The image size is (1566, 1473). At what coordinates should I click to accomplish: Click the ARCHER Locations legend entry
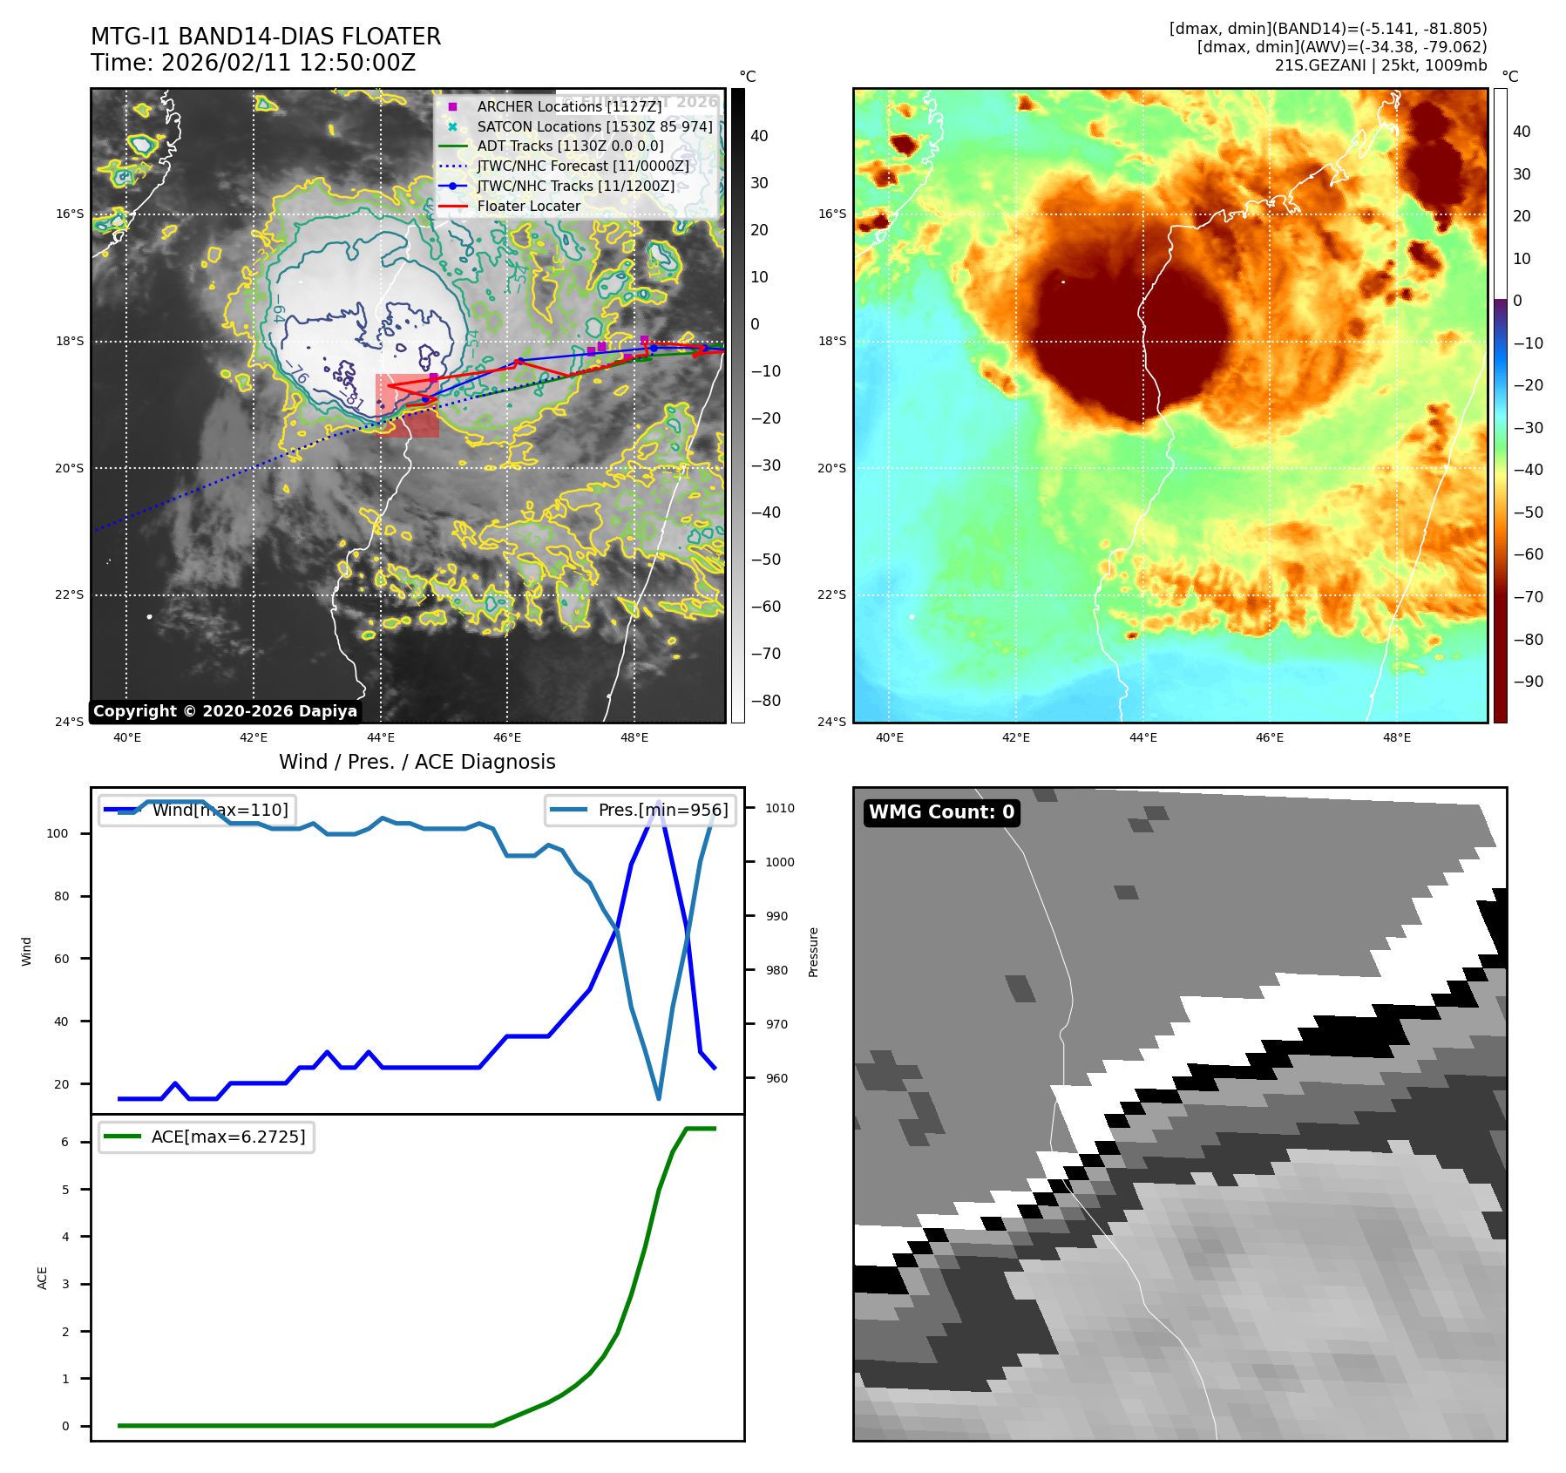click(569, 106)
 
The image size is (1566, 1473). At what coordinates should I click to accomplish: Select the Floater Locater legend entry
click(528, 207)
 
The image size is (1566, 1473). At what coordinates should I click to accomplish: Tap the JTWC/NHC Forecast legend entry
click(582, 166)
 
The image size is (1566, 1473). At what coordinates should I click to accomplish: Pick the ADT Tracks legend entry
click(570, 146)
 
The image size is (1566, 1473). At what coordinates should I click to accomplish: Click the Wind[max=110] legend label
click(220, 810)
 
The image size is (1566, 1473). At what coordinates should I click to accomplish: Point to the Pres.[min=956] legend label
click(662, 810)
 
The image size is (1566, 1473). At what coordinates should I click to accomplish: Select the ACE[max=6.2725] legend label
click(228, 1137)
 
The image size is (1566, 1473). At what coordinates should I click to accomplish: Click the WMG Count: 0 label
click(941, 812)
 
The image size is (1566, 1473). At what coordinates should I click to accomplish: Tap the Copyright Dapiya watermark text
click(225, 711)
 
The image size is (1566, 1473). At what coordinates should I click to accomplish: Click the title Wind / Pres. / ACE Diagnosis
click(417, 762)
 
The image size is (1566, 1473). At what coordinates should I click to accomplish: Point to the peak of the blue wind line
click(659, 802)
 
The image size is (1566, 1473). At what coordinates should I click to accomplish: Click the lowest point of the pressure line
click(659, 1098)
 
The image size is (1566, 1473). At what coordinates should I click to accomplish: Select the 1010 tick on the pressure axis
click(780, 808)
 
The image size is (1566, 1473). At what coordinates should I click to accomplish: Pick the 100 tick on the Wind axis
click(58, 833)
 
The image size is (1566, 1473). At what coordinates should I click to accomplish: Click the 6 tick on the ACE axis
click(65, 1142)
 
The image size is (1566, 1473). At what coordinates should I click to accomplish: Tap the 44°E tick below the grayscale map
click(381, 737)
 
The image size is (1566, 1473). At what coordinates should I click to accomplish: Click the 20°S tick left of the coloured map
click(831, 468)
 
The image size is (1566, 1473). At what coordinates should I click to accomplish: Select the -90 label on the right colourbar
click(1528, 682)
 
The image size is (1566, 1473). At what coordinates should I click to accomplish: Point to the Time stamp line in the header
click(253, 63)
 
